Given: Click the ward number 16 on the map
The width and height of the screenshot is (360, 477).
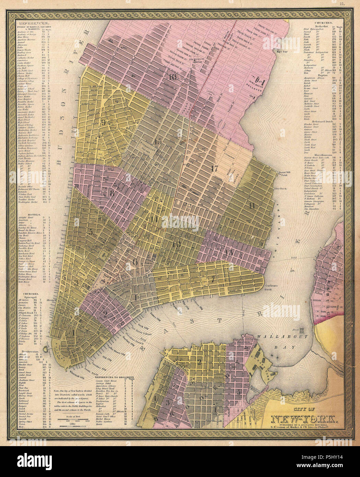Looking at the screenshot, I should (172, 77).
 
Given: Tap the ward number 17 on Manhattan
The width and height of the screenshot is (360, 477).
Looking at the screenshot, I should (215, 168).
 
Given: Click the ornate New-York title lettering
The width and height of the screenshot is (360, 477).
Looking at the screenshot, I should (305, 419).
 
